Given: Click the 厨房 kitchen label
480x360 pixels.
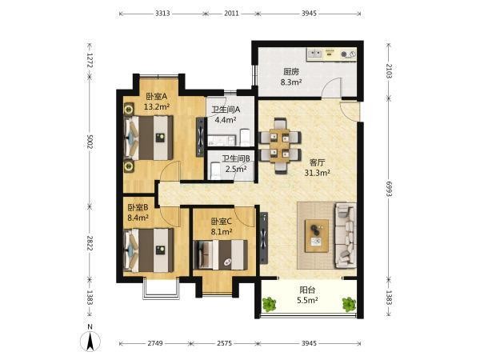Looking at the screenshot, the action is coord(291,72).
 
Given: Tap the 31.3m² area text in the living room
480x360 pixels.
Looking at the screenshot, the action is coord(317,173).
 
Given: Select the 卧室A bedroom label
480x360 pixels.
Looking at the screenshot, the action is coord(157,97).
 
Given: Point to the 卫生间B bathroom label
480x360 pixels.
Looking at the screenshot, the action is coord(236,158).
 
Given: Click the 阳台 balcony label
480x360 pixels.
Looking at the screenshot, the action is coord(307,290).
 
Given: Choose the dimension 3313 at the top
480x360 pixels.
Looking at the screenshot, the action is coord(162,14).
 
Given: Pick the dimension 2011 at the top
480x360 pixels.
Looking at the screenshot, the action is coord(231,14).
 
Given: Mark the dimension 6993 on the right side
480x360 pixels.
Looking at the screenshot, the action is coord(389,189).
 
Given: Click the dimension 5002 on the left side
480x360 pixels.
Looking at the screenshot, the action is coord(90,142).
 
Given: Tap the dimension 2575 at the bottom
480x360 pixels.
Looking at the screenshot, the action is coord(224,343).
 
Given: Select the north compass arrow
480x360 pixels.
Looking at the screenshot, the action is coord(90,341).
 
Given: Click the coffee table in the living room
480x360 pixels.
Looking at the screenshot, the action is coord(317,236).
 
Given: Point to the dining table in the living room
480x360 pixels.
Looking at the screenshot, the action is coord(280,146).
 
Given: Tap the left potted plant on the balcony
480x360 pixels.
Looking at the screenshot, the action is coord(269,304).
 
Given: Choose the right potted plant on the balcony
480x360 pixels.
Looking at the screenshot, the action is coord(349,304).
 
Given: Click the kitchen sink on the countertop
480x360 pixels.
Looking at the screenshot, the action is coord(315,54).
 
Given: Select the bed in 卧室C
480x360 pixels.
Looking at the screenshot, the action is coord(221,254).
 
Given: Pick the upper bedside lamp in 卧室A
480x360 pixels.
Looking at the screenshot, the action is coord(129,109).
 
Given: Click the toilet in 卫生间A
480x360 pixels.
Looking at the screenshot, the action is coord(246,137).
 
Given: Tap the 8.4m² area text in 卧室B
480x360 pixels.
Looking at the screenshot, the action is coord(138,218).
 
